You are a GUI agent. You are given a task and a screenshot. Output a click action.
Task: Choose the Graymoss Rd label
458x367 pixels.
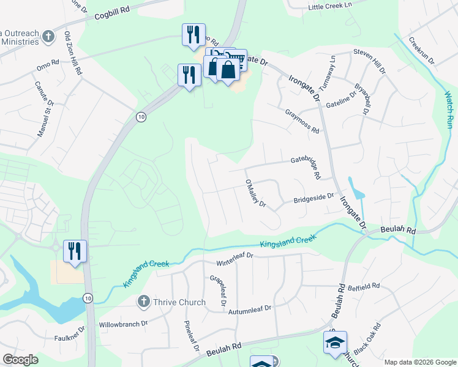(x=302, y=122)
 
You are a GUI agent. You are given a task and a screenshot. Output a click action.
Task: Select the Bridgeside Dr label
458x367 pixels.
(x=313, y=198)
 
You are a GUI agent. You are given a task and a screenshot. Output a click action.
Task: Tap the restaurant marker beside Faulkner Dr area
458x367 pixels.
(x=75, y=251)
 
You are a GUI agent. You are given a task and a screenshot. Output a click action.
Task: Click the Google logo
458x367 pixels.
(x=21, y=360)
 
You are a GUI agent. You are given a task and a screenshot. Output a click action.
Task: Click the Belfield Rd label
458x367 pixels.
(x=364, y=285)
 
